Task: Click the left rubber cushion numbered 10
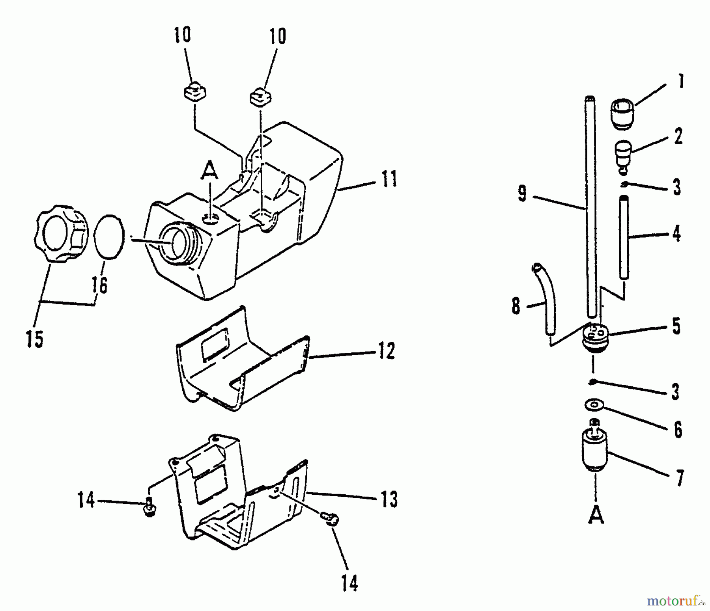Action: tap(194, 93)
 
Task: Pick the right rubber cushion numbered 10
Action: tap(261, 97)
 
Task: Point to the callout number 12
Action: tap(386, 350)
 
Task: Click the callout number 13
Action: tap(389, 499)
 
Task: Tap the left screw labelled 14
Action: tap(149, 507)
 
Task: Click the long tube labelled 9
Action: tap(590, 205)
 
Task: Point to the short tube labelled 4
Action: tap(623, 237)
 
